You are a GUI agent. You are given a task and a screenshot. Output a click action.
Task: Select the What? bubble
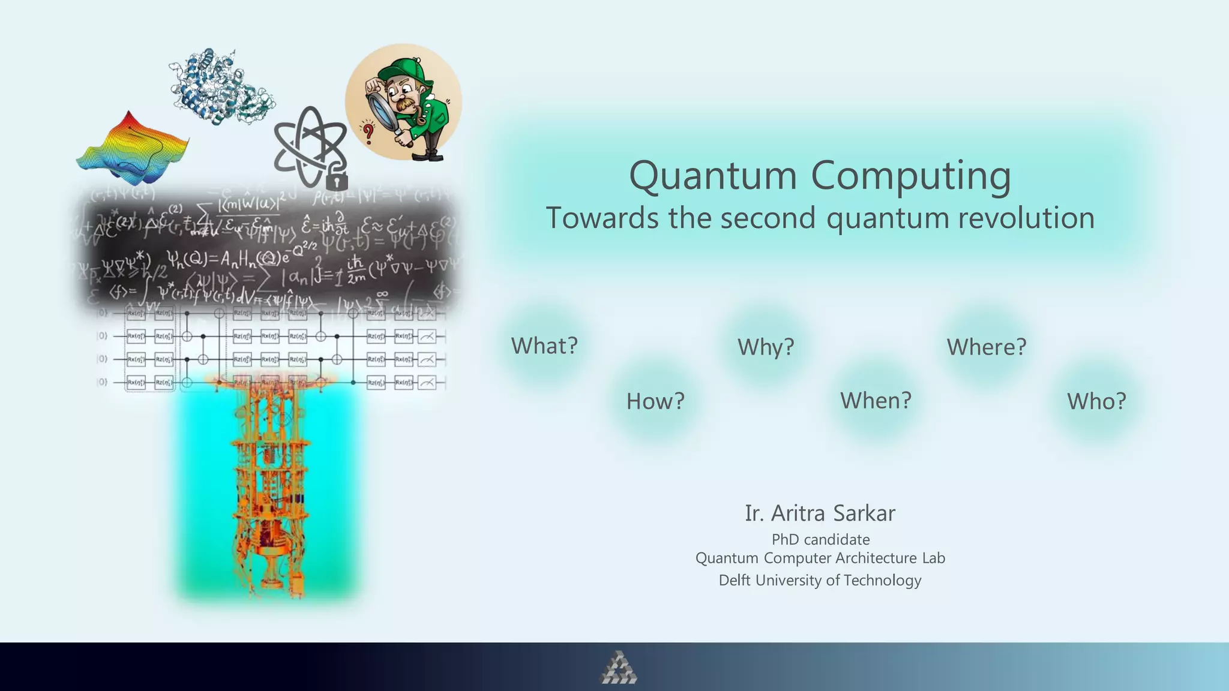tap(544, 346)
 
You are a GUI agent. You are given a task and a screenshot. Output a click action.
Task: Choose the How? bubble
tap(655, 401)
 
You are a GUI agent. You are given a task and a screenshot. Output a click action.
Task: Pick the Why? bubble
tap(766, 347)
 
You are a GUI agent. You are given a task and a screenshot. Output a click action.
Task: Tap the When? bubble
tap(876, 401)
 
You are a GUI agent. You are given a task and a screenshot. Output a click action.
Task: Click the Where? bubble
tap(987, 347)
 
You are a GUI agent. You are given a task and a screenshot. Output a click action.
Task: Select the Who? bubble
tap(1096, 401)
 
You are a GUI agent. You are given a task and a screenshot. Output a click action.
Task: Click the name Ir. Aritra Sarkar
tap(820, 513)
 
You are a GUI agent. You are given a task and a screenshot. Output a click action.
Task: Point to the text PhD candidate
tap(820, 539)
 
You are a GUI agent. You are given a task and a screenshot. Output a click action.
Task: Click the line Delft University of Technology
tap(820, 580)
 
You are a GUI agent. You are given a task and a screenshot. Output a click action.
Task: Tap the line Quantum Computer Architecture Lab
tap(820, 558)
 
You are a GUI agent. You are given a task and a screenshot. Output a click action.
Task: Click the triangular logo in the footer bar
tap(618, 668)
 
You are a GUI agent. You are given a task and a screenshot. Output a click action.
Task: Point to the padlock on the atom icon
tap(337, 179)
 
